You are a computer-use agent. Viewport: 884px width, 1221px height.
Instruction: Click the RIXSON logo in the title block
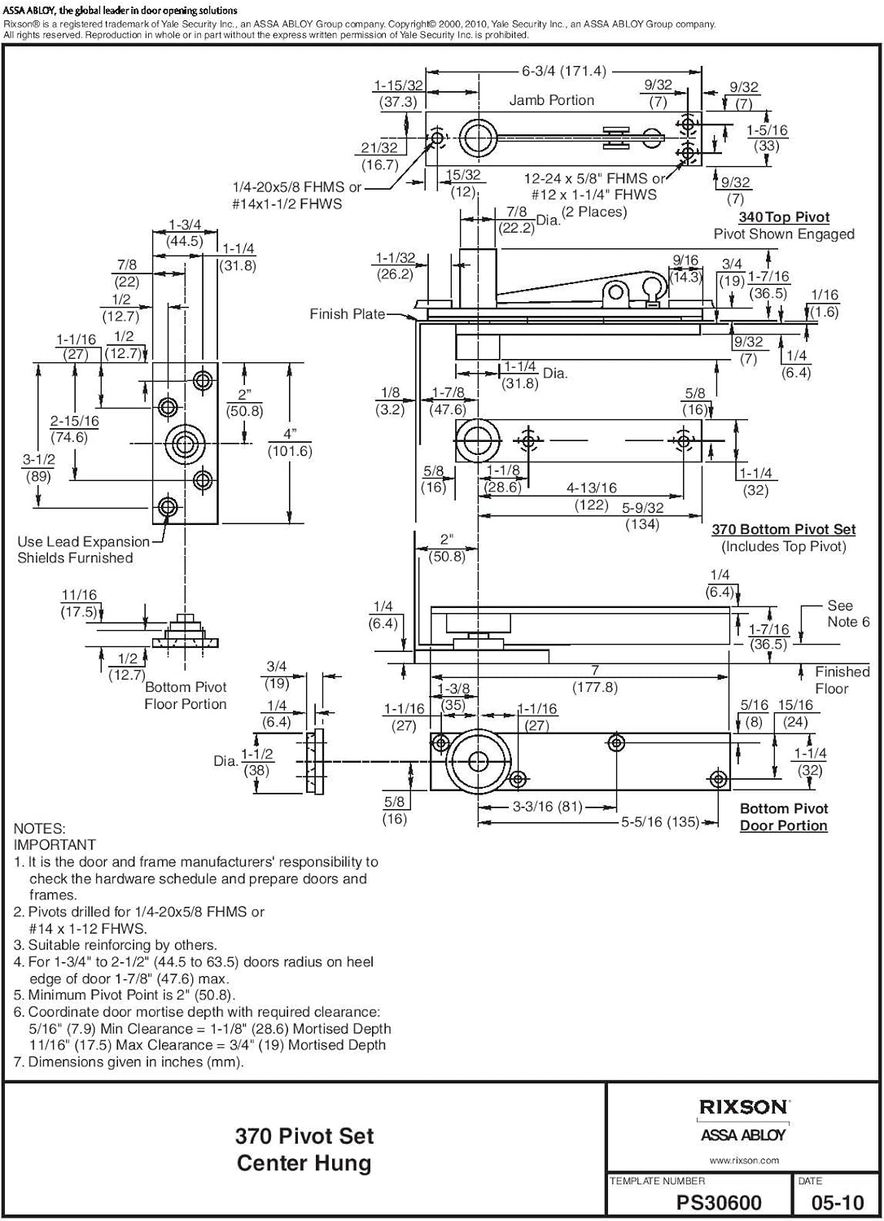(x=743, y=1107)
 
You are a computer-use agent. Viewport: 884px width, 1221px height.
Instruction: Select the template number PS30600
(x=719, y=1203)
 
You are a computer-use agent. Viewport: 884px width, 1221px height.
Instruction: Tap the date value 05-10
(x=838, y=1203)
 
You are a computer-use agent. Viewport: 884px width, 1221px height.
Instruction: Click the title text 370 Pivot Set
(x=304, y=1136)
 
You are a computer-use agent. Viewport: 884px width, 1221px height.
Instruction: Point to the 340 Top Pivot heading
(x=784, y=217)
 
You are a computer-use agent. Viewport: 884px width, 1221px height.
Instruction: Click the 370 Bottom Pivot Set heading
(x=783, y=529)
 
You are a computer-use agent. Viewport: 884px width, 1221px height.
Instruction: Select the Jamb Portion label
(x=551, y=100)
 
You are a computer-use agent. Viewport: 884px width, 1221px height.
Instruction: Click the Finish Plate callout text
(x=347, y=314)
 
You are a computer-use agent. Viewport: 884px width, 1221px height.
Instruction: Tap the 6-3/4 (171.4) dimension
(x=564, y=72)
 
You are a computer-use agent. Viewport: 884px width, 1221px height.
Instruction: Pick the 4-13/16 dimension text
(x=592, y=488)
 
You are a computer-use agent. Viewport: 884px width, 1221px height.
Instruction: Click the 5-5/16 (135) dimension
(x=660, y=822)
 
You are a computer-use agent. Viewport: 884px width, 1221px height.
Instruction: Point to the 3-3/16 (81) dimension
(x=548, y=807)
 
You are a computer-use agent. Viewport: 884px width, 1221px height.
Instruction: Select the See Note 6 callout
(x=847, y=614)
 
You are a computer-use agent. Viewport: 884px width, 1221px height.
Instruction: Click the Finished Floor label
(x=842, y=680)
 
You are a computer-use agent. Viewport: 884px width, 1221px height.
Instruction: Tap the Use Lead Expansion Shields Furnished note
(x=83, y=549)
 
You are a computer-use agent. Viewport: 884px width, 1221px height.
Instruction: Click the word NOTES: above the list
(x=40, y=829)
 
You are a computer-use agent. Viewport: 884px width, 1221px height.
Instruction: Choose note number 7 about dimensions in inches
(x=129, y=1061)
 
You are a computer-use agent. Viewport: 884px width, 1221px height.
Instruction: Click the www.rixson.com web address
(x=744, y=1161)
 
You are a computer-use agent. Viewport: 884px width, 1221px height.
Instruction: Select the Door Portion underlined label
(x=783, y=825)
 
